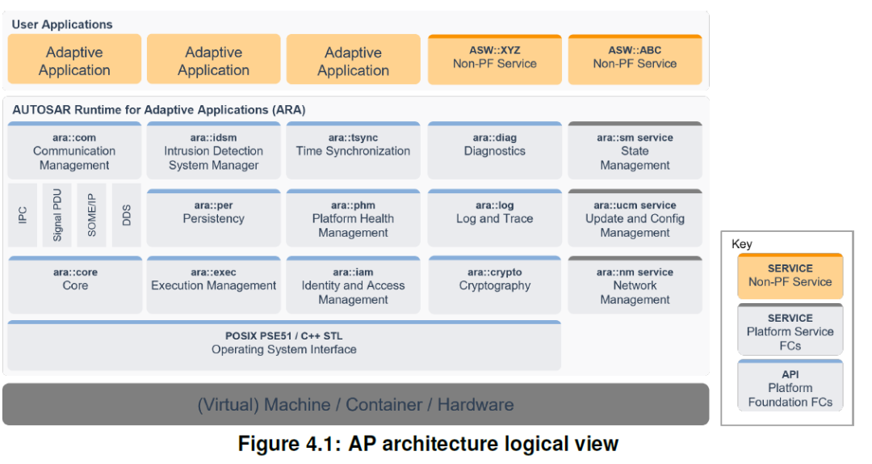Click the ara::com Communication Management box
(74, 151)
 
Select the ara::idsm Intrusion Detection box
(213, 151)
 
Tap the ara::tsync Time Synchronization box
(353, 151)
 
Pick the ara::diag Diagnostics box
(494, 151)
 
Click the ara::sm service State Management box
(635, 151)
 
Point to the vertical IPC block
(23, 215)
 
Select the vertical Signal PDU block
(57, 215)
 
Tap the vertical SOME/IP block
(92, 215)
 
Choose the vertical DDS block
(126, 215)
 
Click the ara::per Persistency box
(213, 218)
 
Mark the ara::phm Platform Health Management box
(353, 218)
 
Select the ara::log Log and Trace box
(494, 218)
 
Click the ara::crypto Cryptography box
(494, 285)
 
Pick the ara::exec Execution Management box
(213, 285)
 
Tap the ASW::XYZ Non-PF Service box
(494, 60)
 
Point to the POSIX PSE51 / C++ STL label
(283, 336)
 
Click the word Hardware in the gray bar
(476, 404)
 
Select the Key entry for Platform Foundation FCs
(790, 386)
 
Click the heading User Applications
(62, 24)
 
